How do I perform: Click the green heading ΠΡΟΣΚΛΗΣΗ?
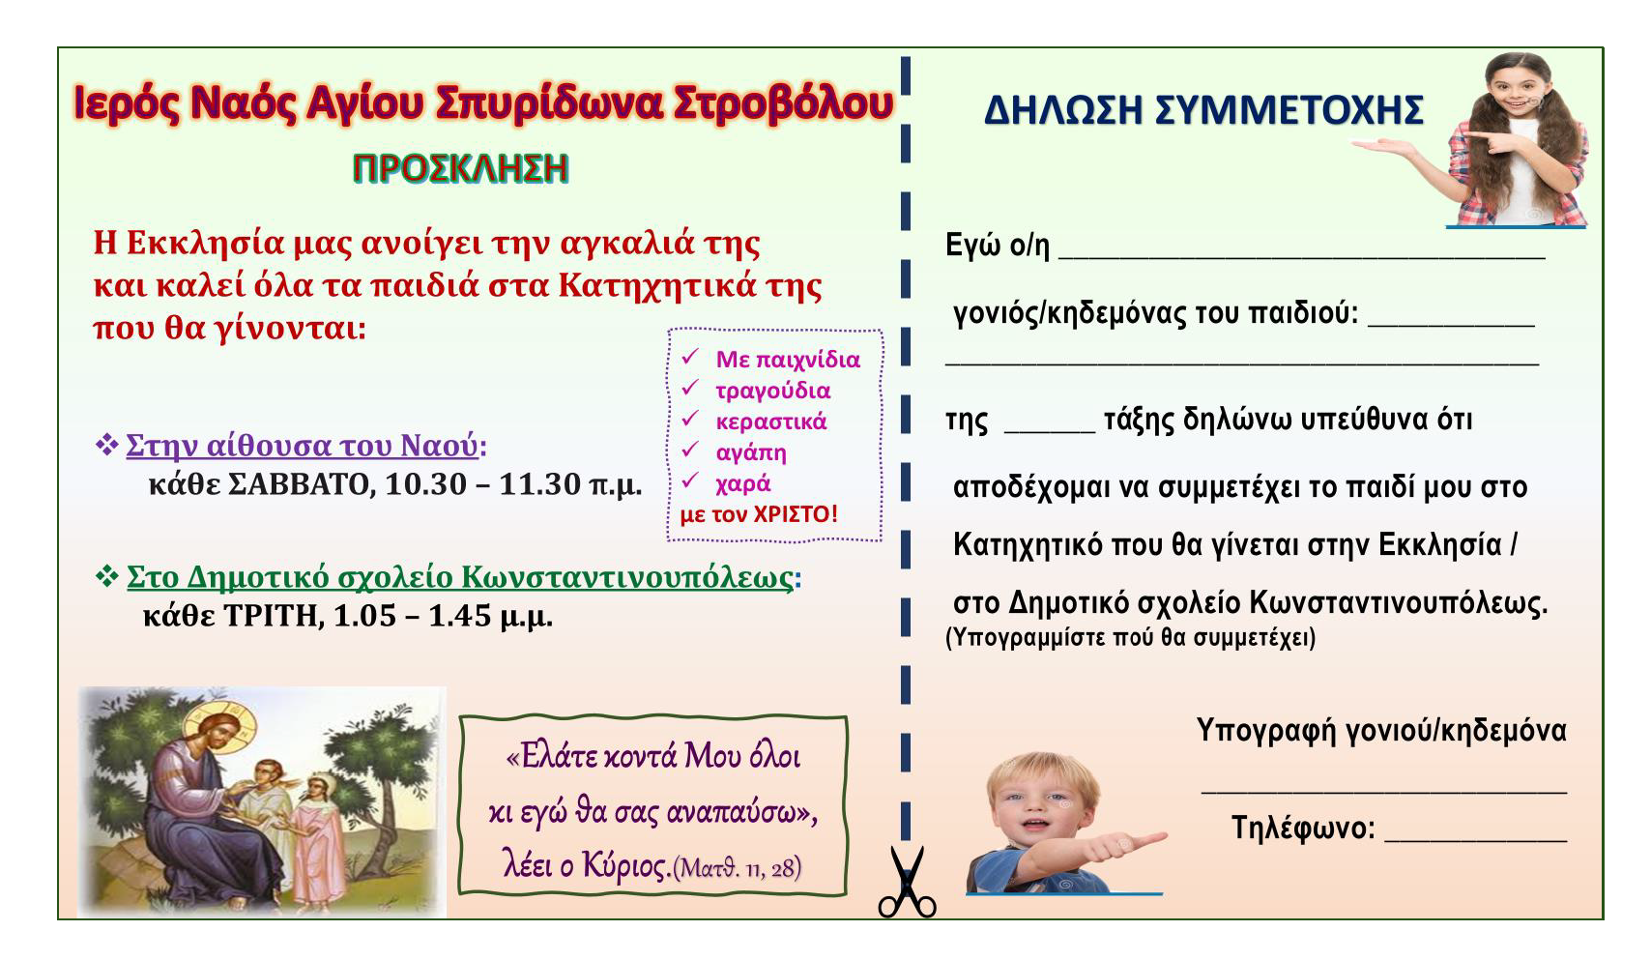(461, 168)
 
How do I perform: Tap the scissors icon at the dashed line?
(908, 882)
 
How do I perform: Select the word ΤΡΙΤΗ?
(274, 615)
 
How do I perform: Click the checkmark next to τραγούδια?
(690, 388)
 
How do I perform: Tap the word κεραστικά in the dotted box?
(771, 422)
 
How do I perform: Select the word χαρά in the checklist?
(743, 483)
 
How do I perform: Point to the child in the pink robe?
(318, 840)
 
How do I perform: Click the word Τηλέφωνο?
(1303, 828)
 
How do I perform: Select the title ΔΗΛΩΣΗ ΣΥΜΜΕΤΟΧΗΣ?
(1203, 110)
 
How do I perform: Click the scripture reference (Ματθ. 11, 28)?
(737, 868)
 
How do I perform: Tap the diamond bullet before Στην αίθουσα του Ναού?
(107, 444)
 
